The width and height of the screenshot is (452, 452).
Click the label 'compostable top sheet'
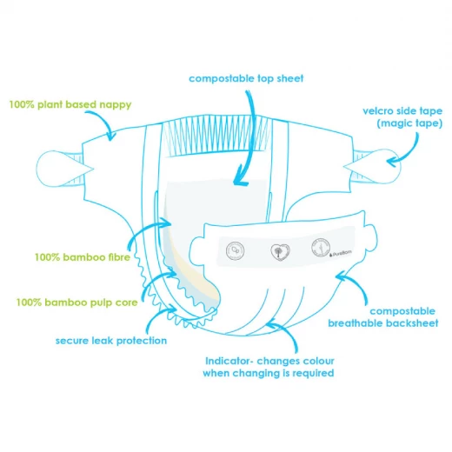(246, 78)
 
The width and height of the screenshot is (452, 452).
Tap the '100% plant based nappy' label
(70, 104)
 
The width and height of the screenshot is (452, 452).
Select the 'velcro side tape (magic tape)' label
(402, 117)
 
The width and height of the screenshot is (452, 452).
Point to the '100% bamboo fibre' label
(83, 257)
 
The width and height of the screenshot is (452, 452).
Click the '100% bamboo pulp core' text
(76, 302)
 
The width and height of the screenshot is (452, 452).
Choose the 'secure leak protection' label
(111, 341)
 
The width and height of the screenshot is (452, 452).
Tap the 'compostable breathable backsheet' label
(383, 317)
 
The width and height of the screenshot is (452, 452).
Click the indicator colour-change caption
(269, 367)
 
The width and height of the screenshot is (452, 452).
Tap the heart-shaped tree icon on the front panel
(280, 251)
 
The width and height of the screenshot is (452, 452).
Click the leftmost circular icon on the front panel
(235, 250)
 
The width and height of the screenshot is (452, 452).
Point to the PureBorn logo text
(341, 254)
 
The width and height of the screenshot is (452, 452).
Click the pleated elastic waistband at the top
(216, 136)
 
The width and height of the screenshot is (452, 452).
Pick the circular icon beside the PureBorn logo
(321, 248)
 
